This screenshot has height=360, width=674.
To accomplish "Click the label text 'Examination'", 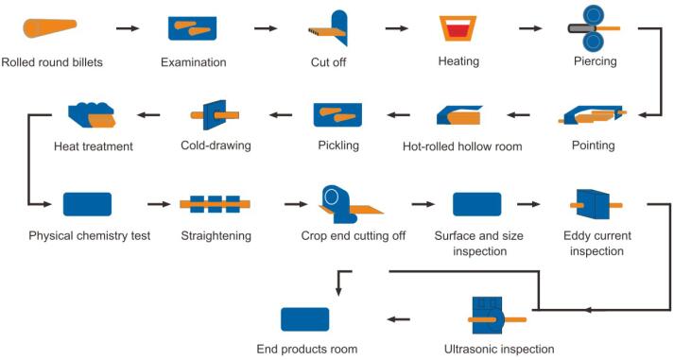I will coord(193,62).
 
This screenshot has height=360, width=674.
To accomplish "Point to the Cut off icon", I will coord(329,28).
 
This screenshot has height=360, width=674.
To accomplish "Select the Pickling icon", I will coord(337,114).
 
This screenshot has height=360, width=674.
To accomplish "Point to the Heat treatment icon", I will coord(93,114).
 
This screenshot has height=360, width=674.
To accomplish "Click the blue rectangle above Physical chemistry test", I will coord(87,203).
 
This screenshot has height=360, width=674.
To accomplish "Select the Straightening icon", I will coord(215,203).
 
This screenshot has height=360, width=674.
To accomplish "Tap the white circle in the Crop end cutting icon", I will coord(333,197).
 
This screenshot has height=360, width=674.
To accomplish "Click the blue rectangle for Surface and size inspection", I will coord(476,203).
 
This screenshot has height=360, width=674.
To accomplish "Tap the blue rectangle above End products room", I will coord(304,318).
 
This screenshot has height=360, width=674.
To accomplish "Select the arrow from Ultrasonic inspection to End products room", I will coord(401,318).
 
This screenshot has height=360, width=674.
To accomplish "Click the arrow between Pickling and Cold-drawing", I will coord(279,115).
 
